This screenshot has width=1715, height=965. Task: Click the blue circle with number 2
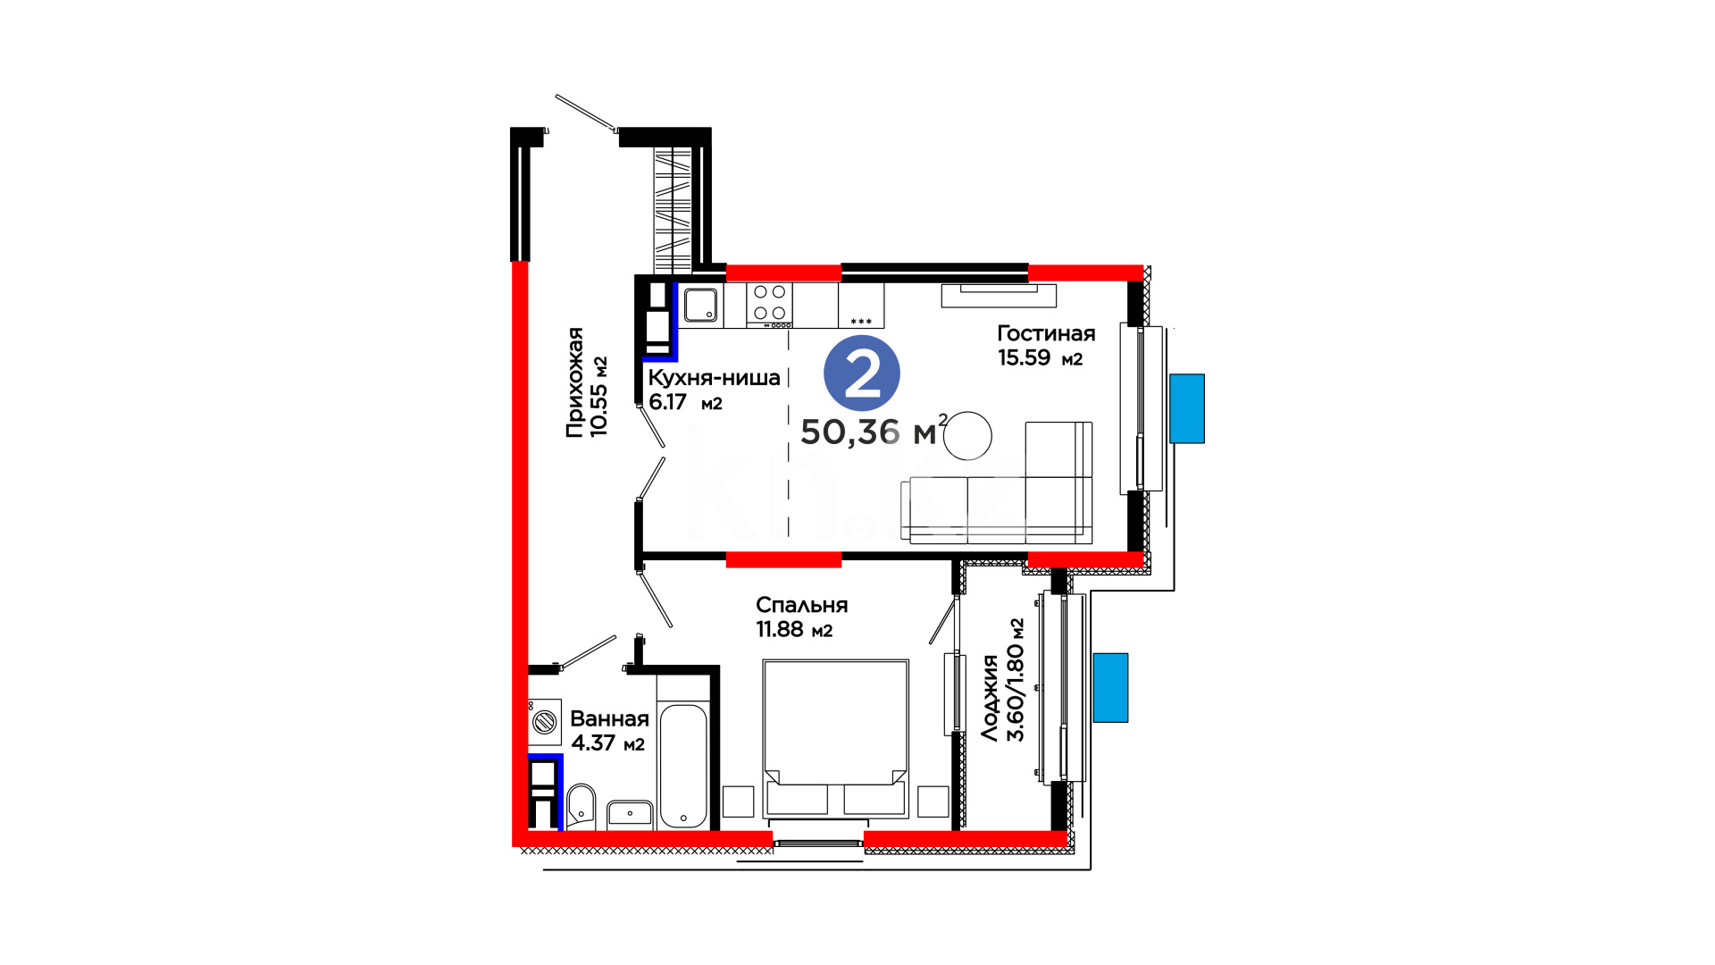(x=861, y=373)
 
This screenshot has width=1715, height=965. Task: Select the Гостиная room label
(x=1046, y=333)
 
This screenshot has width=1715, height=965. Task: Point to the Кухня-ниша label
(x=714, y=378)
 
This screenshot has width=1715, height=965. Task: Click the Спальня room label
(x=801, y=606)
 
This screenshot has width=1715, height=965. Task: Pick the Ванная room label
(x=609, y=719)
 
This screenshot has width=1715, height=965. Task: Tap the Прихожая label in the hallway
(x=575, y=382)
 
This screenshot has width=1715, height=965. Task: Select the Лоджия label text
(x=990, y=698)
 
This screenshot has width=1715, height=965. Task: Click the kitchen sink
(x=701, y=305)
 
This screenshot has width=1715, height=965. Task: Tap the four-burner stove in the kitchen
(x=769, y=303)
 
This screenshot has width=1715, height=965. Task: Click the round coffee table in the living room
(x=967, y=435)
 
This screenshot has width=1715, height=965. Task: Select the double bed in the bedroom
(x=835, y=739)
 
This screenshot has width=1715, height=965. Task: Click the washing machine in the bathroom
(x=544, y=721)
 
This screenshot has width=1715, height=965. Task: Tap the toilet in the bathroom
(x=581, y=807)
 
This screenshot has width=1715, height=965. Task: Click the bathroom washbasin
(x=630, y=815)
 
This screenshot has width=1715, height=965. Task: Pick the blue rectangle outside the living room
(x=1187, y=408)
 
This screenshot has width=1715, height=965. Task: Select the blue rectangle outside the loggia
(x=1110, y=687)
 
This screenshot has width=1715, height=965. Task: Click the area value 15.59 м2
(x=1040, y=358)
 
